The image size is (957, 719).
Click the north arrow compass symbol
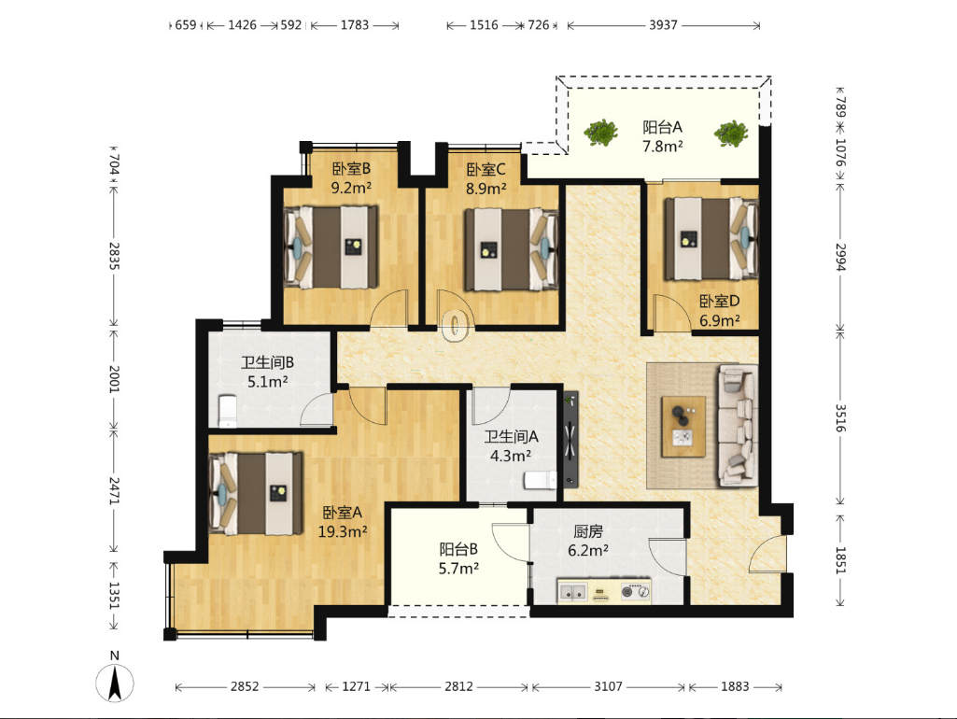coord(115,683)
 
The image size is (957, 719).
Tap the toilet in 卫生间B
coord(227,411)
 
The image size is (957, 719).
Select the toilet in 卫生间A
coord(541,480)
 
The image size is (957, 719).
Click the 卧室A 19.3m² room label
coord(343,522)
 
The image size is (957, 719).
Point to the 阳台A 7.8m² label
coord(662,136)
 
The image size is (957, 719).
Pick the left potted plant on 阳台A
coord(601,132)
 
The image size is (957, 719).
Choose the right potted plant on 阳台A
coord(731,133)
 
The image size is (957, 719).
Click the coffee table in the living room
coord(683,426)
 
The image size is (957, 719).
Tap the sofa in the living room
coord(738,426)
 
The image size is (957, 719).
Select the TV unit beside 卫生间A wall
coord(570,439)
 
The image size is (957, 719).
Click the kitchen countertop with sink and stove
coord(604,591)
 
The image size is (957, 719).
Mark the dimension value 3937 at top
coord(663,25)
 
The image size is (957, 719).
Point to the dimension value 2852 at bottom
coord(245,686)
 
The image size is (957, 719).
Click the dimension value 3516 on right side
coord(840,417)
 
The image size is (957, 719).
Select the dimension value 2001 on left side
coord(115,379)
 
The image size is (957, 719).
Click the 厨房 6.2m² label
coord(588,542)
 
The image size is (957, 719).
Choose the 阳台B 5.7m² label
coord(458,559)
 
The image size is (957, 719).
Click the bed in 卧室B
coord(331,247)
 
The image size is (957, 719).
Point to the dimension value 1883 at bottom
coord(735,686)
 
